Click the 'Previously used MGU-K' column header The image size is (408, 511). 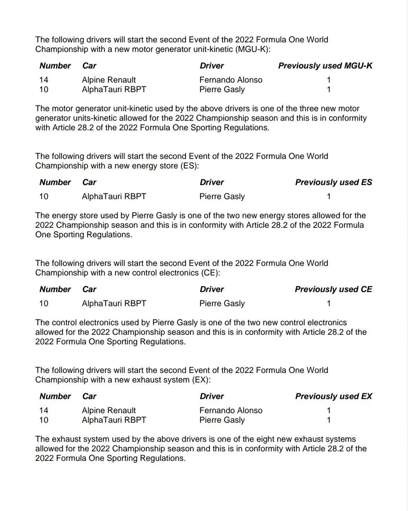pyautogui.click(x=325, y=66)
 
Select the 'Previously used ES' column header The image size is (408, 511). pyautogui.click(x=333, y=182)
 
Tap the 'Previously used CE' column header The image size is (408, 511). pyautogui.click(x=333, y=289)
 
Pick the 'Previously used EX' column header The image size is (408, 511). pyautogui.click(x=333, y=396)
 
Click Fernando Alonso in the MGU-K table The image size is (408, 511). pyautogui.click(x=231, y=80)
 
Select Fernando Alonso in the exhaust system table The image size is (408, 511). pyautogui.click(x=231, y=410)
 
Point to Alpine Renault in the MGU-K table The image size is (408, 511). pyautogui.click(x=109, y=80)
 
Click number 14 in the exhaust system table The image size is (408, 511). pyautogui.click(x=44, y=410)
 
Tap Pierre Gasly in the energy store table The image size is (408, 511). pyautogui.click(x=222, y=196)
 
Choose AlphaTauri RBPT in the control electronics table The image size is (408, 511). pyautogui.click(x=114, y=303)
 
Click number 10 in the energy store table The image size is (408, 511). pyautogui.click(x=44, y=196)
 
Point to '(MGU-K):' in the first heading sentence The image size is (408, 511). pyautogui.click(x=252, y=49)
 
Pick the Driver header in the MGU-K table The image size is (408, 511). pyautogui.click(x=212, y=66)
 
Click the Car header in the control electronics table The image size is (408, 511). pyautogui.click(x=89, y=289)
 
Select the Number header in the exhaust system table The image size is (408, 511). pyautogui.click(x=55, y=396)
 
